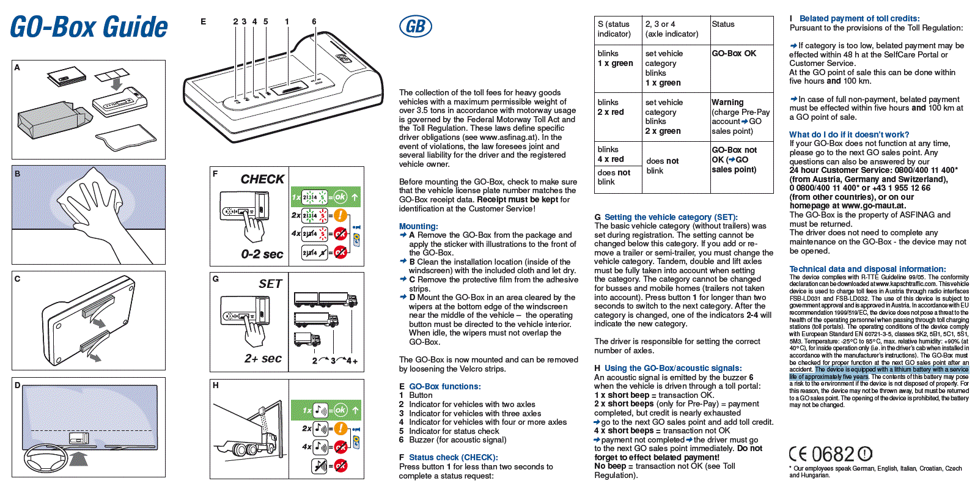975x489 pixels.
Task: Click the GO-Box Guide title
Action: point(89,27)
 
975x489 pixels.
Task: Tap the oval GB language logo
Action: point(416,26)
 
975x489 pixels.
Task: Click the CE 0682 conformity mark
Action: point(830,454)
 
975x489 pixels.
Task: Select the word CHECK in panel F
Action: point(262,179)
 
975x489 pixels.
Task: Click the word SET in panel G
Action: point(270,284)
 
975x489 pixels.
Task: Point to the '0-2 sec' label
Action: point(262,254)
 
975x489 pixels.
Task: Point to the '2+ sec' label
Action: point(263,358)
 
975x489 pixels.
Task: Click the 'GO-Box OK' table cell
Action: point(734,54)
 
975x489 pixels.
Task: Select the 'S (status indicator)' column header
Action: point(614,29)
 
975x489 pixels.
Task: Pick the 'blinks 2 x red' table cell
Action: point(611,108)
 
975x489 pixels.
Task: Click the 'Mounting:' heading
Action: point(418,226)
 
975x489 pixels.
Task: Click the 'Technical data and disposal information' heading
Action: point(867,269)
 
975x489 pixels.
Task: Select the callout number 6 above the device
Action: point(314,21)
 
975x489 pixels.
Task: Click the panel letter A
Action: point(17,67)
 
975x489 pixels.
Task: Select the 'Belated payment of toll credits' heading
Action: point(859,18)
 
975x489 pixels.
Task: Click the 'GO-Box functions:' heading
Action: point(444,386)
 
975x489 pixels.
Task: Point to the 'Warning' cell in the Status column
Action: point(727,103)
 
